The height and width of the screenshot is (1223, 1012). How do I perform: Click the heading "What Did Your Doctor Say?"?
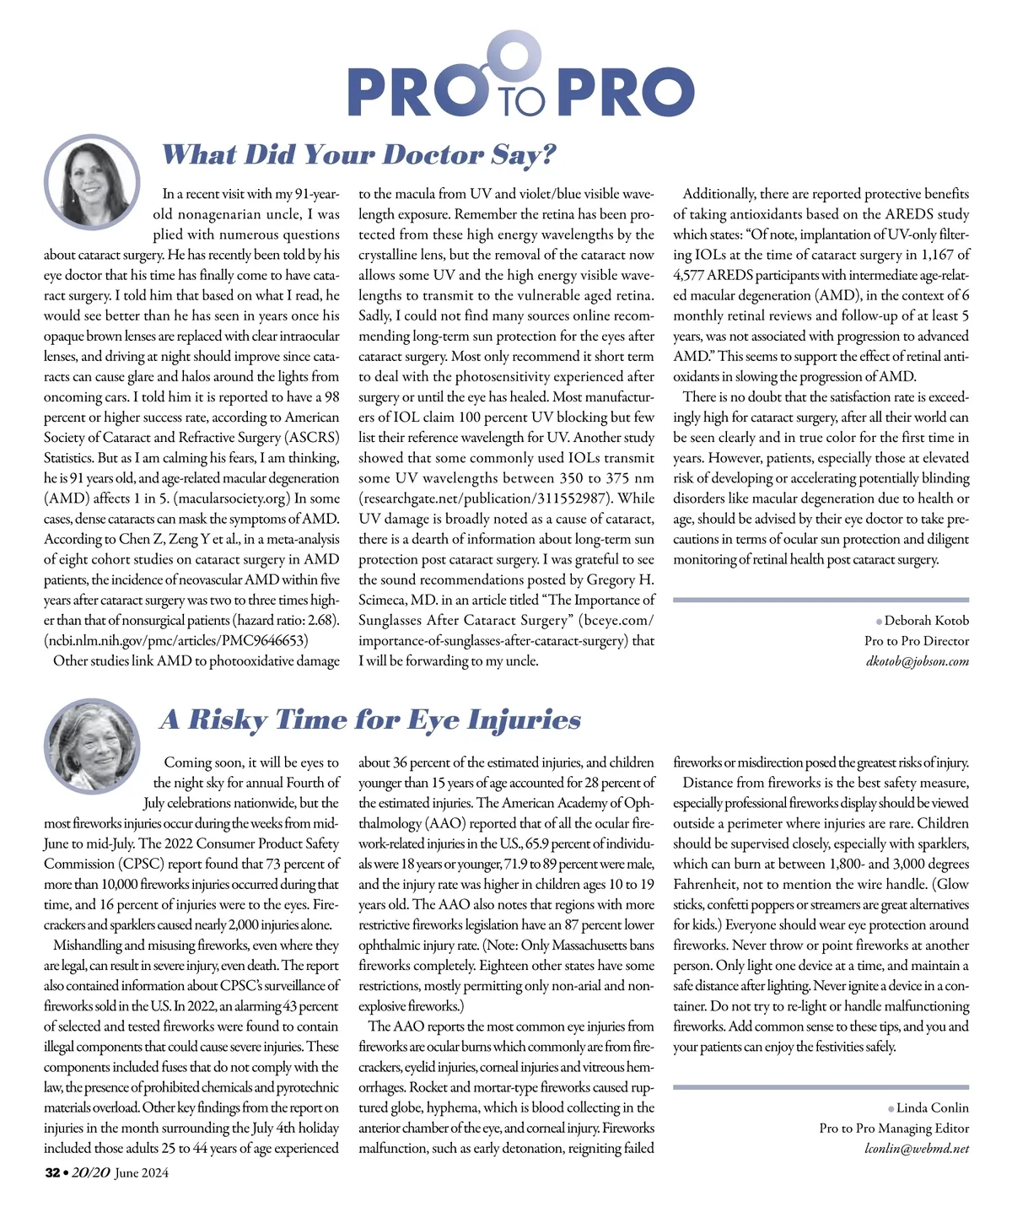click(358, 155)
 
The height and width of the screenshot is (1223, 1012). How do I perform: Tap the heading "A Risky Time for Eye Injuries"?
click(370, 719)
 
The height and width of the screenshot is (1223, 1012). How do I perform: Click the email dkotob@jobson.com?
click(918, 661)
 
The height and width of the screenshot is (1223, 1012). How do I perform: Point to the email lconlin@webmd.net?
click(917, 1148)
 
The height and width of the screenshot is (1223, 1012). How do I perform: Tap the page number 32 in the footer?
click(51, 1172)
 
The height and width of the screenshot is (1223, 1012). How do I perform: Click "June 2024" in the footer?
click(142, 1172)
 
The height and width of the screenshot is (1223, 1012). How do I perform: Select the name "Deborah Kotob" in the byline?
click(927, 621)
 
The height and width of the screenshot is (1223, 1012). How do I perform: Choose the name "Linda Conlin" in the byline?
click(932, 1107)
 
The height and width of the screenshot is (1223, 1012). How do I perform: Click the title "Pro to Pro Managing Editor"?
click(894, 1128)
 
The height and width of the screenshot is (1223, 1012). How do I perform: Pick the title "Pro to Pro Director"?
click(917, 641)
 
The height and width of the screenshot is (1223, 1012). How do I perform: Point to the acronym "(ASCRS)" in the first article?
click(312, 438)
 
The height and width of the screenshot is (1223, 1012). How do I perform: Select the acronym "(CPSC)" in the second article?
click(140, 864)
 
